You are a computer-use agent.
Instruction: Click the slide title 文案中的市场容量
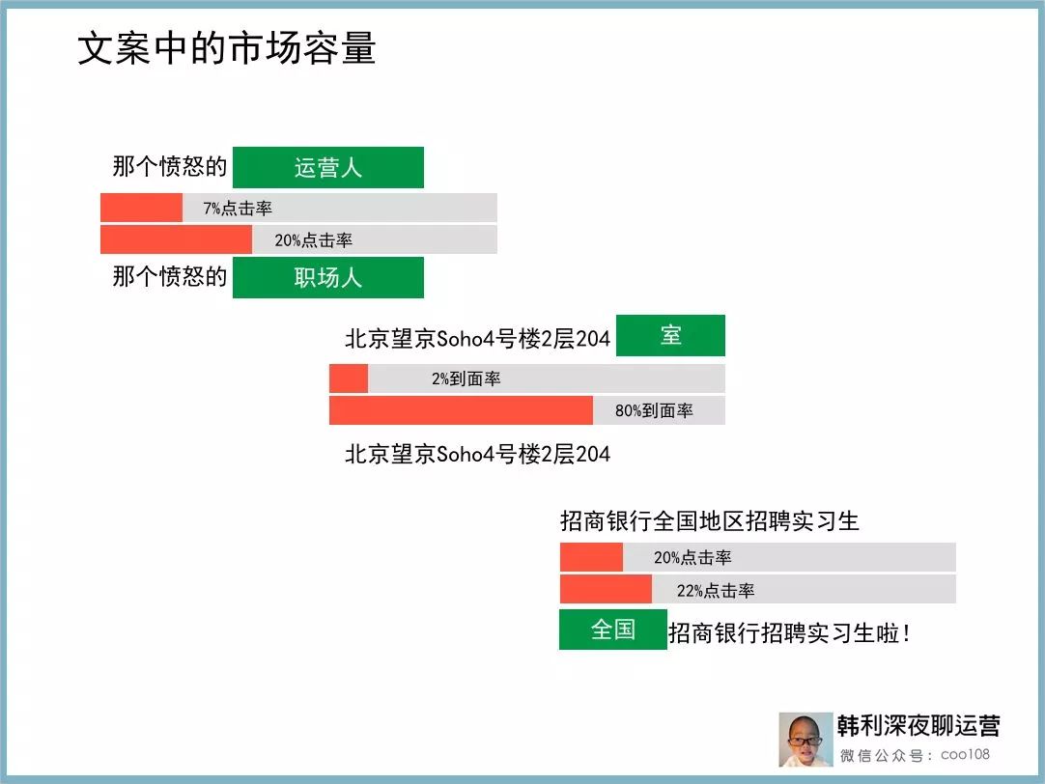227,48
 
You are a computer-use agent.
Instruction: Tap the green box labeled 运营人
328,167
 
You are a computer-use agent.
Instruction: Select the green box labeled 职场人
328,277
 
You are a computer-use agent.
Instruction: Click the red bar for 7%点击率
141,208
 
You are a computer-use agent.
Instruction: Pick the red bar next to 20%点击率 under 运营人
176,239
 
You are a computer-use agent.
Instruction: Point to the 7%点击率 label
238,209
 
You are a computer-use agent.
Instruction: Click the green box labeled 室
670,335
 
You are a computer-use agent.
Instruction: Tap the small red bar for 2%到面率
349,378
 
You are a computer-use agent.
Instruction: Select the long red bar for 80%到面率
462,410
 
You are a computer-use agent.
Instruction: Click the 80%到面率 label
654,411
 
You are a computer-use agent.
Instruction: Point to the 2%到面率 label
466,379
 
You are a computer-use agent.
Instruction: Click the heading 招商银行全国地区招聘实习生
710,520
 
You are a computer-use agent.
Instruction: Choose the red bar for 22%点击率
606,590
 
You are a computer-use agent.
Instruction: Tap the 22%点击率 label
716,591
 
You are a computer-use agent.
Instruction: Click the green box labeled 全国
613,630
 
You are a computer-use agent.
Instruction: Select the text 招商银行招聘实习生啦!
789,632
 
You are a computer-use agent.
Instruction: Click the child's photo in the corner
805,740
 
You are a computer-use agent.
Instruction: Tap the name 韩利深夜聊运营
918,725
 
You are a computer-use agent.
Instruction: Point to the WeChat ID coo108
965,755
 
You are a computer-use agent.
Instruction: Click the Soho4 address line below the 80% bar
477,455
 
